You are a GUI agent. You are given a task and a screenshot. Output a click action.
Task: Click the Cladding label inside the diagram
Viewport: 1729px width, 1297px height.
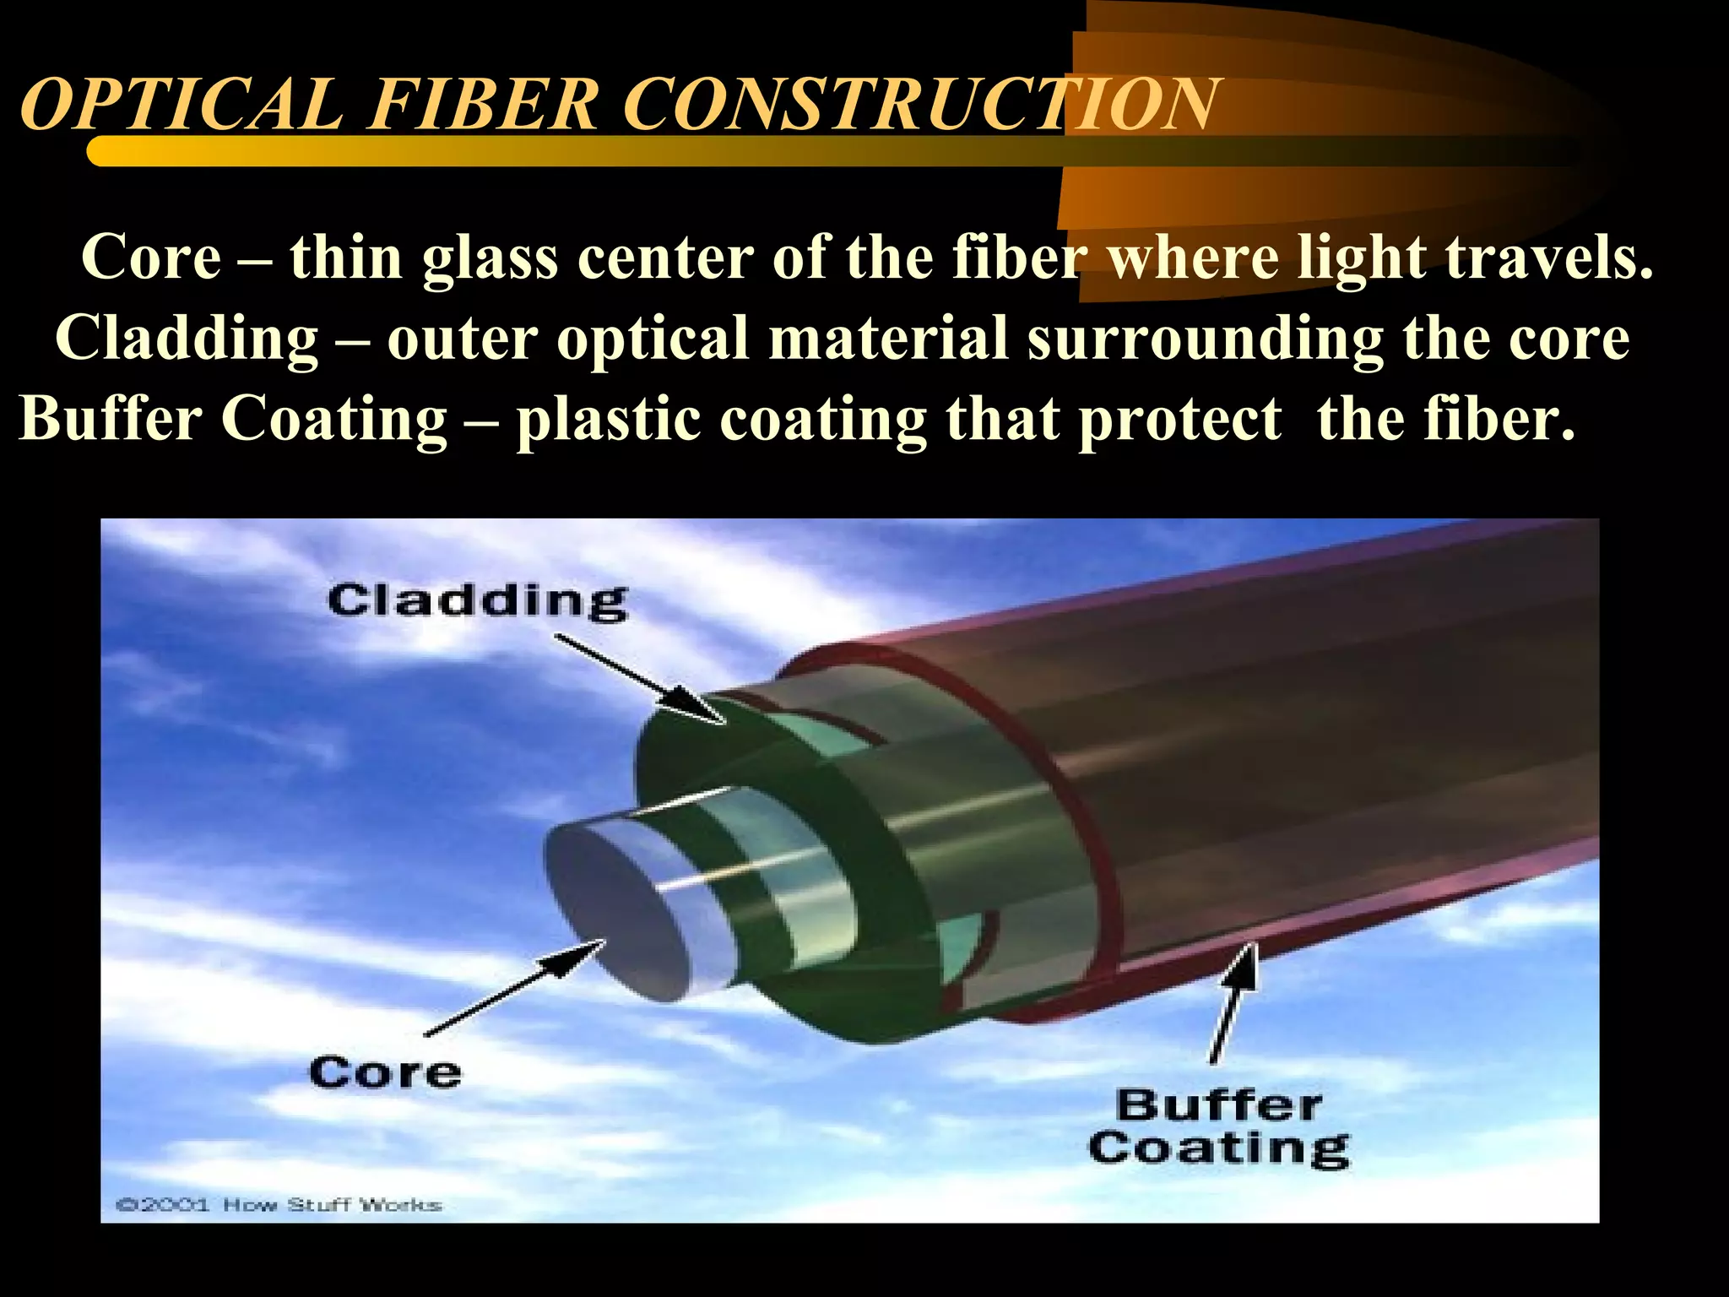point(477,601)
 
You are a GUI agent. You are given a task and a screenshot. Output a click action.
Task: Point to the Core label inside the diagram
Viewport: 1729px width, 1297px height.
point(385,1072)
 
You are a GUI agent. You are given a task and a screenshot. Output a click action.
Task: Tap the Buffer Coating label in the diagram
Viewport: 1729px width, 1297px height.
point(1219,1127)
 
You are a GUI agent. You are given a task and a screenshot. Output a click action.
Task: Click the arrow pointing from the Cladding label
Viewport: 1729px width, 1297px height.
point(639,679)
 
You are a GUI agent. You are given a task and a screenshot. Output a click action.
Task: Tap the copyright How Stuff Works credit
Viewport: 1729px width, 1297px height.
point(279,1204)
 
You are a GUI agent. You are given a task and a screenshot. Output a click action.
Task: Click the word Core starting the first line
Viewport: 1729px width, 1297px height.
point(151,257)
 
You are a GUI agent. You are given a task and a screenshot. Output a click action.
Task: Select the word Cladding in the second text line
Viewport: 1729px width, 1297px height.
point(187,338)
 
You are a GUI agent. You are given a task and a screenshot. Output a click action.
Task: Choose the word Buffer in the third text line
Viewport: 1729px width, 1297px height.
point(111,419)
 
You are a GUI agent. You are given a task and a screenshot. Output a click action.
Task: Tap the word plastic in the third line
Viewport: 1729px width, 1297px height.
point(609,419)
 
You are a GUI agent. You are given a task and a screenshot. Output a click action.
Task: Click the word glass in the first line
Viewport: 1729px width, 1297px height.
point(490,258)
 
